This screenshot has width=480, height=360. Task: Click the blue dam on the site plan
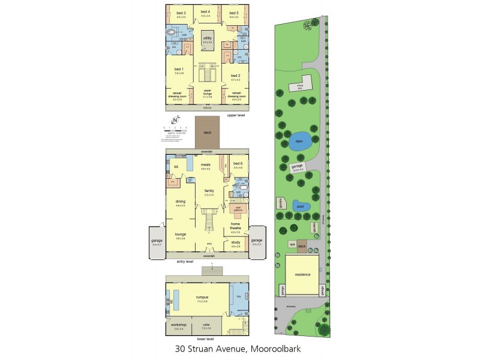click(301, 143)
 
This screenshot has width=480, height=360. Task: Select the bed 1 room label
click(179, 70)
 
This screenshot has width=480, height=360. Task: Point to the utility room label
click(208, 38)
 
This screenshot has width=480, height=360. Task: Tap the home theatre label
click(236, 225)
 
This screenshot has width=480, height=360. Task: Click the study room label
click(235, 243)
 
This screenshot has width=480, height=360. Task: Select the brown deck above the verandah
click(208, 133)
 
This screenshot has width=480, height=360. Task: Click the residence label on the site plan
click(302, 274)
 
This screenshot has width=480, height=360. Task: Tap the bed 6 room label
click(238, 163)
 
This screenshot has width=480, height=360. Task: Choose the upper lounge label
click(208, 92)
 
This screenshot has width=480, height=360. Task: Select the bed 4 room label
click(205, 12)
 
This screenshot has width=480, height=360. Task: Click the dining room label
click(180, 202)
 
